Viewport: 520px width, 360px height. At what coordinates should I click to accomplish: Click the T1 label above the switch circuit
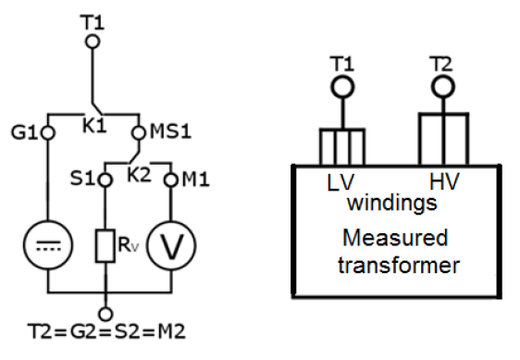[x=93, y=18]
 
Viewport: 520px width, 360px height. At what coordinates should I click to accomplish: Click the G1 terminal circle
[x=47, y=132]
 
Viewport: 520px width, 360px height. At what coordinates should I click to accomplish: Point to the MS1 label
[x=167, y=132]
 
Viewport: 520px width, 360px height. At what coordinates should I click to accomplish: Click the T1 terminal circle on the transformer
[x=343, y=87]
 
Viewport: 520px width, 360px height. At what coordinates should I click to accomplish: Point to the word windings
[x=391, y=202]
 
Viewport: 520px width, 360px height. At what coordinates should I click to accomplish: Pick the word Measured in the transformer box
[x=395, y=238]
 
